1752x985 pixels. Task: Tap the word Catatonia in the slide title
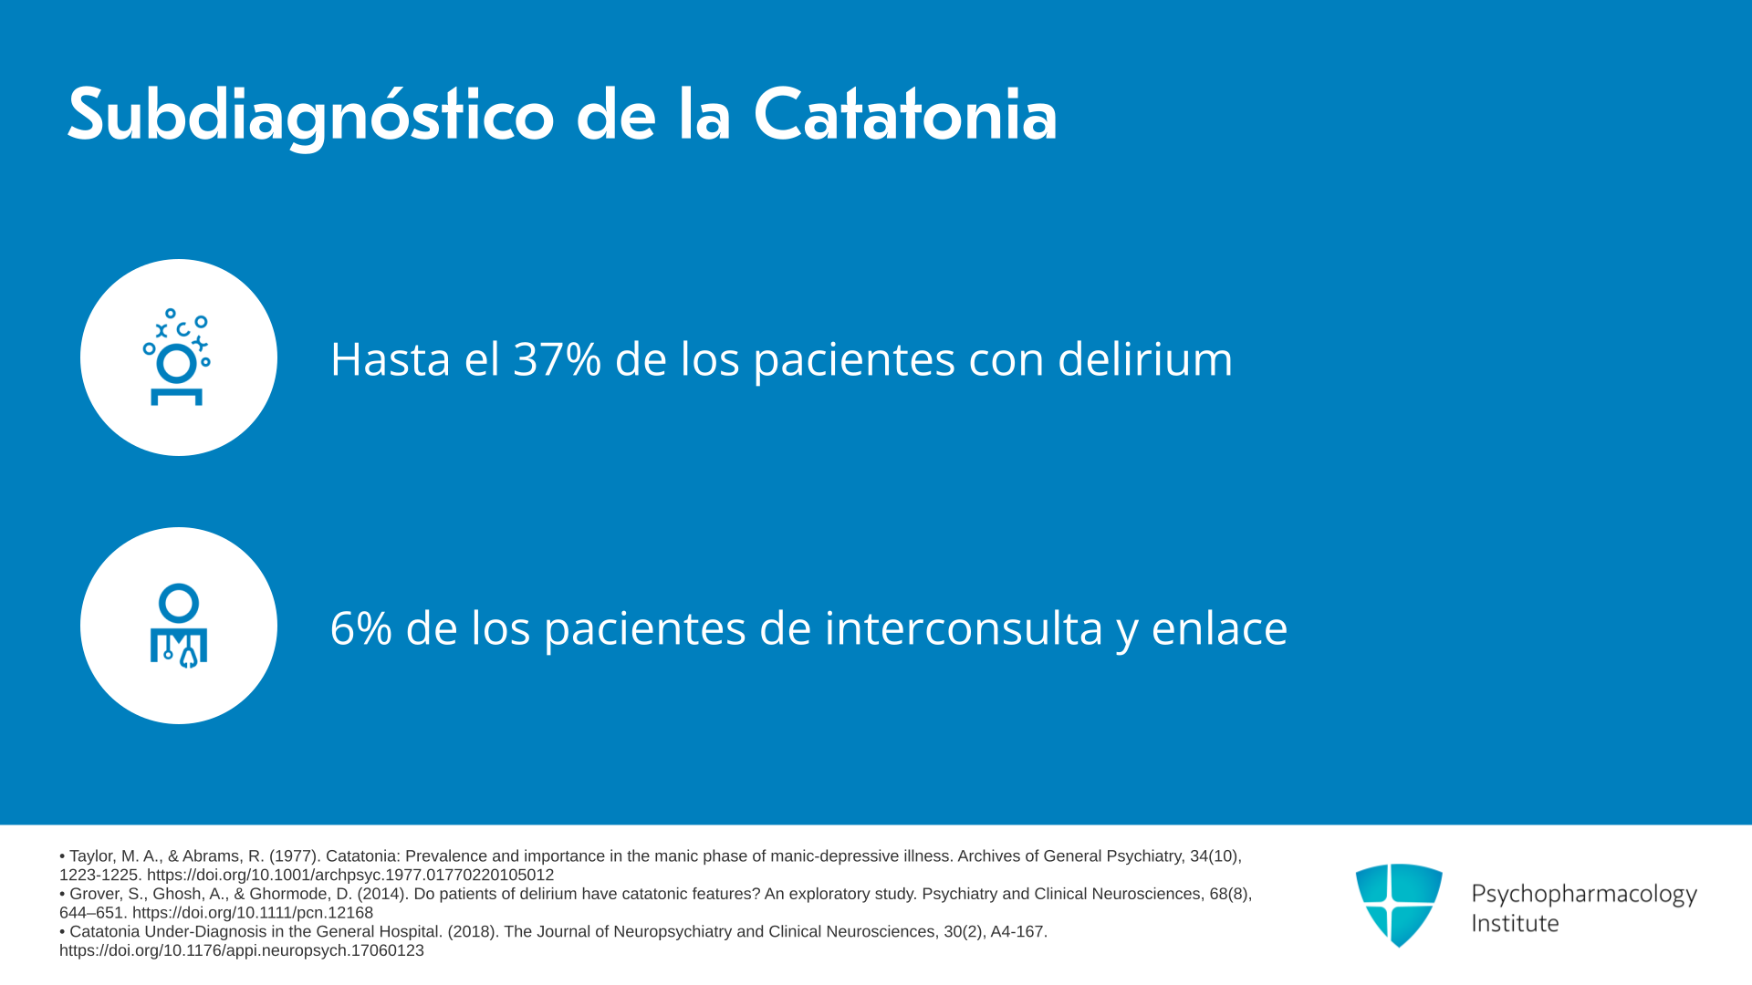pyautogui.click(x=905, y=115)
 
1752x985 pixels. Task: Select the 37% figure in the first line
pyautogui.click(x=558, y=358)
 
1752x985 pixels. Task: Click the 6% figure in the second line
pyautogui.click(x=361, y=628)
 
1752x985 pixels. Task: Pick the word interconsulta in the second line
pyautogui.click(x=964, y=627)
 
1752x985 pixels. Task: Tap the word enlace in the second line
pyautogui.click(x=1219, y=627)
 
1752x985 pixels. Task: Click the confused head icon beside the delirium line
pyautogui.click(x=177, y=357)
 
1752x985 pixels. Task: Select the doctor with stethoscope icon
pyautogui.click(x=179, y=626)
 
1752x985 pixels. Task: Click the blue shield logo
pyautogui.click(x=1399, y=905)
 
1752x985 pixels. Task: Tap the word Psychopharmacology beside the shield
pyautogui.click(x=1584, y=895)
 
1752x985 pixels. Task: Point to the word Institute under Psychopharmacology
pyautogui.click(x=1515, y=923)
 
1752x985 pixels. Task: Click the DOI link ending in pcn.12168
pyautogui.click(x=253, y=913)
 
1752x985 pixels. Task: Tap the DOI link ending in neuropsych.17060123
pyautogui.click(x=242, y=950)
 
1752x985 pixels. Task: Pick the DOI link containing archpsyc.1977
pyautogui.click(x=350, y=876)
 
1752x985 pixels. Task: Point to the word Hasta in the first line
pyautogui.click(x=391, y=358)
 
